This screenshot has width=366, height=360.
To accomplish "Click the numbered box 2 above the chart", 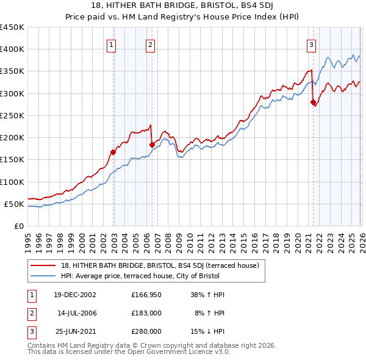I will pos(150,44).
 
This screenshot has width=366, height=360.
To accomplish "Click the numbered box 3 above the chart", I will pos(312,44).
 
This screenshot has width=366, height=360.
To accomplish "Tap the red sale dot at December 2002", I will pos(113,152).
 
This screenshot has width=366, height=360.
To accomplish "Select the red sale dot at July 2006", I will pos(152,145).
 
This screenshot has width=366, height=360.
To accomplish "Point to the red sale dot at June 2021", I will pos(313,103).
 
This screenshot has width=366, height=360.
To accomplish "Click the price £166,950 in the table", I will pos(146,295).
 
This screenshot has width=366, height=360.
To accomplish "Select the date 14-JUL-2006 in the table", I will pos(77,313).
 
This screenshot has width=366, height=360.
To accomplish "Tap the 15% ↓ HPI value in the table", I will pos(207,331).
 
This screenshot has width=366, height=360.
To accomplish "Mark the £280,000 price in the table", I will pos(146,331).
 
